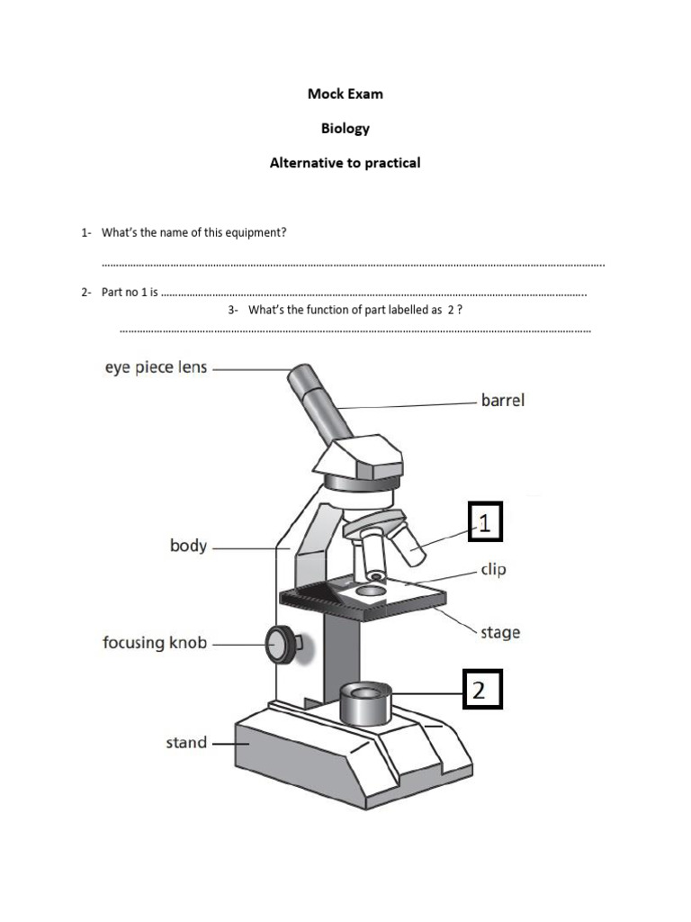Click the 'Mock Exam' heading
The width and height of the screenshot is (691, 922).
pyautogui.click(x=345, y=94)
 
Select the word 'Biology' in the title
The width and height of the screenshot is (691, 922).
pyautogui.click(x=345, y=128)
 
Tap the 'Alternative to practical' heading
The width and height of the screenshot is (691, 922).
pyautogui.click(x=345, y=163)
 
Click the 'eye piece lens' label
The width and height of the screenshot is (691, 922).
pyautogui.click(x=156, y=367)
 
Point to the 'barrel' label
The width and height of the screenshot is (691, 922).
pyautogui.click(x=502, y=400)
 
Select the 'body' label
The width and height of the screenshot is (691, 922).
pyautogui.click(x=188, y=546)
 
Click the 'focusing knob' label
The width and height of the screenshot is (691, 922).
pyautogui.click(x=155, y=643)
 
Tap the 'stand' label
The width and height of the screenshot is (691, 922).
pyautogui.click(x=186, y=743)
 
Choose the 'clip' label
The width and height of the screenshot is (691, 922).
pyautogui.click(x=493, y=570)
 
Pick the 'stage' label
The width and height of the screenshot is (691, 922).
pyautogui.click(x=499, y=632)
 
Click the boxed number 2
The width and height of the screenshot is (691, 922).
pyautogui.click(x=479, y=691)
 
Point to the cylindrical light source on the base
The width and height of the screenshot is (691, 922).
pyautogui.click(x=365, y=704)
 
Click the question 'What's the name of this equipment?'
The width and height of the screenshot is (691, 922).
pyautogui.click(x=193, y=232)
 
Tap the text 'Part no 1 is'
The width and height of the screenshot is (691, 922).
pyautogui.click(x=130, y=293)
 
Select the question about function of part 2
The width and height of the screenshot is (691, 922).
pyautogui.click(x=354, y=310)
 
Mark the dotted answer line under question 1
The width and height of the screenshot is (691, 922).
pyautogui.click(x=353, y=265)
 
